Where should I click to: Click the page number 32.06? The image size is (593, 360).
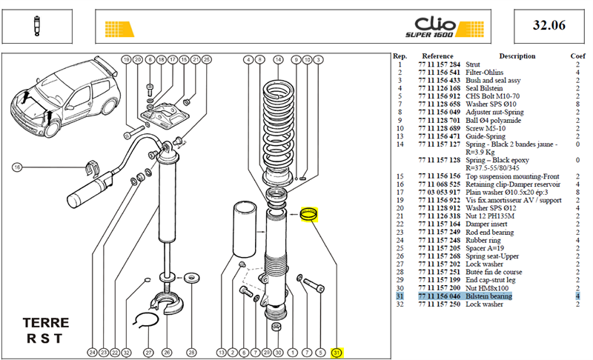click(x=549, y=25)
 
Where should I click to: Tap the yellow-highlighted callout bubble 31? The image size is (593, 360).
click(x=337, y=353)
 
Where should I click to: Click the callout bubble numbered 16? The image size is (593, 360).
click(x=17, y=167)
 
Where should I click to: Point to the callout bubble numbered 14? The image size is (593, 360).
click(x=279, y=60)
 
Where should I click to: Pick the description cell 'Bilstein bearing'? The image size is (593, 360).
click(x=488, y=296)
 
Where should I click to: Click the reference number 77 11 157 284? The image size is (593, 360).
click(x=439, y=64)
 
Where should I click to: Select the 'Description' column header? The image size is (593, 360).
click(x=517, y=56)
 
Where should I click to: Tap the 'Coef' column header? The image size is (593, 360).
click(x=577, y=56)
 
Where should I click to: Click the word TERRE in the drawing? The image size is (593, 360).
click(x=46, y=323)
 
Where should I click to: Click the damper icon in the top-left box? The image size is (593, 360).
click(x=36, y=26)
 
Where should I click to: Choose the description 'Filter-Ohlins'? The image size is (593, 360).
click(x=485, y=73)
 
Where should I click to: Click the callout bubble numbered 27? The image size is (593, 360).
click(x=149, y=353)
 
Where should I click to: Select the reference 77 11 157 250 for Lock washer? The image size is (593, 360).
click(x=439, y=304)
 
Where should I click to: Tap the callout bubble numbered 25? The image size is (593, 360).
click(x=207, y=60)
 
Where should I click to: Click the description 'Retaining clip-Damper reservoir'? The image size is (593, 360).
click(x=513, y=184)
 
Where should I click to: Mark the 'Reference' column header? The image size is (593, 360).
click(x=437, y=56)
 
